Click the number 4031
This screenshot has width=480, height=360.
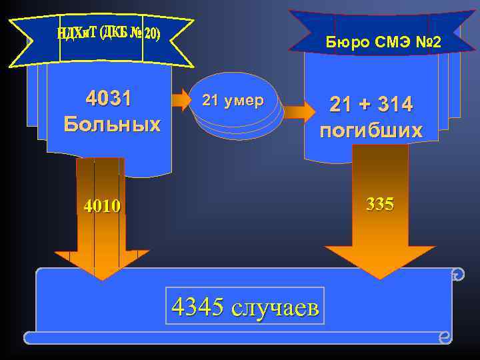[x=109, y=99]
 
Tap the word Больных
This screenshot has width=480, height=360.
[x=112, y=124]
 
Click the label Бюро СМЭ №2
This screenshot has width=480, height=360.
[x=382, y=43]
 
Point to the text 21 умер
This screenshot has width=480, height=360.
[x=233, y=101]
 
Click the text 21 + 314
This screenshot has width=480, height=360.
[x=371, y=104]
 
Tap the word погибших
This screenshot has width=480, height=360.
[x=371, y=130]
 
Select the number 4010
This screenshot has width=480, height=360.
[x=102, y=206]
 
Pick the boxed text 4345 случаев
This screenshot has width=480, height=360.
[x=247, y=306]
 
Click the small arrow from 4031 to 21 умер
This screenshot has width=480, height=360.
[x=181, y=101]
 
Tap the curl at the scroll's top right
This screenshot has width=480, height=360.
[x=456, y=274]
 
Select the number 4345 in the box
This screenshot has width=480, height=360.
[x=197, y=306]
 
